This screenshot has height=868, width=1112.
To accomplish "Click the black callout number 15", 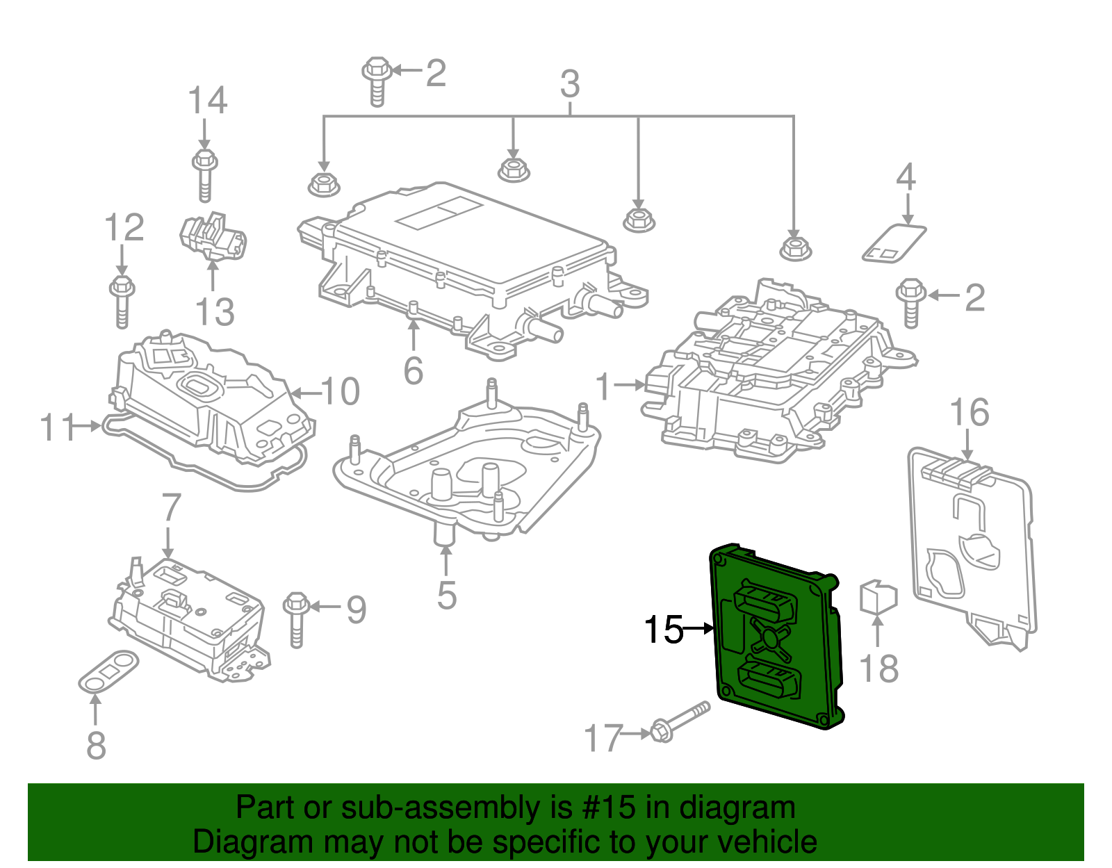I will [664, 630].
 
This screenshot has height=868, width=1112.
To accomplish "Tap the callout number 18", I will [878, 669].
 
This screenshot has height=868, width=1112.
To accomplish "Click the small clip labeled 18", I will [878, 597].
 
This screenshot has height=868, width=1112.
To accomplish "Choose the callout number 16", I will [969, 413].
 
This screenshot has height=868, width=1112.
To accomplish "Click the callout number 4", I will [906, 177].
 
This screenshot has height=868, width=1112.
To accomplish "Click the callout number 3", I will [570, 85].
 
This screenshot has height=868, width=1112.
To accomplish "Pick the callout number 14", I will [207, 101].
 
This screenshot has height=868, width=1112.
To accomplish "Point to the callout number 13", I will [215, 312].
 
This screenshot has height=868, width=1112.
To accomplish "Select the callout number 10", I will [341, 392].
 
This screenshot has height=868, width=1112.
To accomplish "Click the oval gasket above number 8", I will [108, 671].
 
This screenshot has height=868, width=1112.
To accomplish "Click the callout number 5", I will [446, 596].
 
